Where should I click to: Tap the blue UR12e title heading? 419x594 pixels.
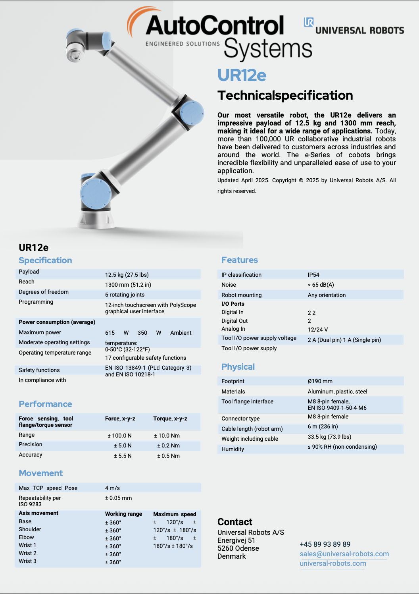(242, 75)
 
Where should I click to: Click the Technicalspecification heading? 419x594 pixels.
(285, 95)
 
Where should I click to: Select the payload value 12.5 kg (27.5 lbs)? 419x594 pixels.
(127, 275)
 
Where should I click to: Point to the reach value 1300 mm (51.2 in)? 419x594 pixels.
(128, 285)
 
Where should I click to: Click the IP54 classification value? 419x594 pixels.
(313, 275)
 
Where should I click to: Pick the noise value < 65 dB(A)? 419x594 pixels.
(321, 285)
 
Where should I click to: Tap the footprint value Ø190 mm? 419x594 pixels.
(320, 381)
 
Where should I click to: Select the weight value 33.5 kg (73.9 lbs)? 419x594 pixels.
(329, 437)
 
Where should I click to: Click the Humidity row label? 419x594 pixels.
(233, 449)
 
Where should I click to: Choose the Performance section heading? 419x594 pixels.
(45, 404)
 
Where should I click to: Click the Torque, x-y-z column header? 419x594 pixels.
(170, 418)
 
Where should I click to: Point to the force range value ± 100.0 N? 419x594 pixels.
(119, 436)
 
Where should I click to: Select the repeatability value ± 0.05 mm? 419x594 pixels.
(118, 498)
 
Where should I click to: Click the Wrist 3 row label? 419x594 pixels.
(27, 561)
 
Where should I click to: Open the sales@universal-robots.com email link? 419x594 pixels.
(344, 554)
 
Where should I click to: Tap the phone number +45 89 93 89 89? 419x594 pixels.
(325, 544)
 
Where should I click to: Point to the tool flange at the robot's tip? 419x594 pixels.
(74, 54)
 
